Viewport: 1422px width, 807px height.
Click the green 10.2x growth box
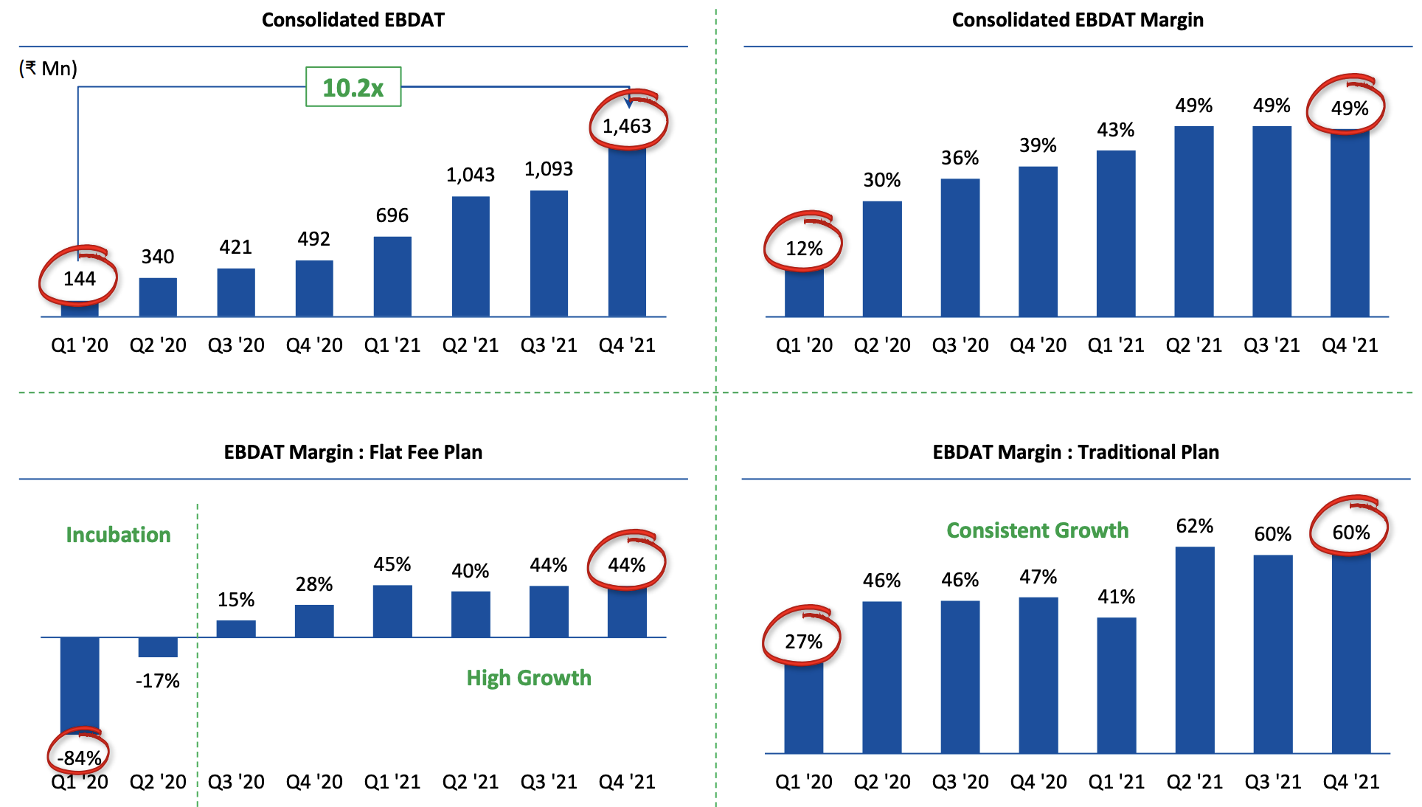[x=353, y=87]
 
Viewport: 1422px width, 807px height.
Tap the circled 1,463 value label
[x=627, y=126]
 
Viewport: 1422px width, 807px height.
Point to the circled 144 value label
[x=79, y=279]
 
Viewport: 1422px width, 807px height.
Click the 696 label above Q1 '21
[x=392, y=215]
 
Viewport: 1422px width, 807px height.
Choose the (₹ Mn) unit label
[x=48, y=69]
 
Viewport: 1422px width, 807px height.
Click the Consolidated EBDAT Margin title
[x=1077, y=20]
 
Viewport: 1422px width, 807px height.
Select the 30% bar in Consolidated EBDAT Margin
[x=882, y=258]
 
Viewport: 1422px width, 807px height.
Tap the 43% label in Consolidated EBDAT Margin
[x=1115, y=131]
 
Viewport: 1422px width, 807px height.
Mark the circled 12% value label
[x=804, y=249]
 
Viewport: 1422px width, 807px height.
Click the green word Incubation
[x=118, y=535]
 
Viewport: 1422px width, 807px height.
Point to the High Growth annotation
[x=529, y=678]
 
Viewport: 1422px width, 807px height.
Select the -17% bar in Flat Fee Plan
[x=158, y=647]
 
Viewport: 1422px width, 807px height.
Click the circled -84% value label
[x=79, y=758]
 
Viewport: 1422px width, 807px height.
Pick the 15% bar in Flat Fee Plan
[x=236, y=628]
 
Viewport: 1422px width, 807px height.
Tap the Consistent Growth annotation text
[x=1037, y=530]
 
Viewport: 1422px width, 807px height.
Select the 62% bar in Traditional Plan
[x=1195, y=649]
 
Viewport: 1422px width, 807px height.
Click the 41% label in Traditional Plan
[x=1116, y=597]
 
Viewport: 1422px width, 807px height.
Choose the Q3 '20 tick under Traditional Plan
[x=960, y=782]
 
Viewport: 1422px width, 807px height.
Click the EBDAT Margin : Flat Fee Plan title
[x=353, y=452]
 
